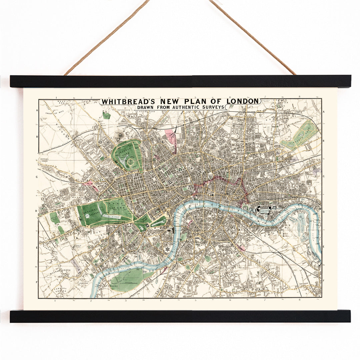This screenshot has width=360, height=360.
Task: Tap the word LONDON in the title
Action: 243,101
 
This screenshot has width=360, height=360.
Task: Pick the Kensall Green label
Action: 44,160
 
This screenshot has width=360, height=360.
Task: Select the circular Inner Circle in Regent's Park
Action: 131,162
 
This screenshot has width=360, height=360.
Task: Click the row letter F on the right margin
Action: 324,281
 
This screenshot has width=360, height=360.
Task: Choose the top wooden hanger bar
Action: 180,81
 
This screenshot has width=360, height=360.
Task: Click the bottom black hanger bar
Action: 180,316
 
